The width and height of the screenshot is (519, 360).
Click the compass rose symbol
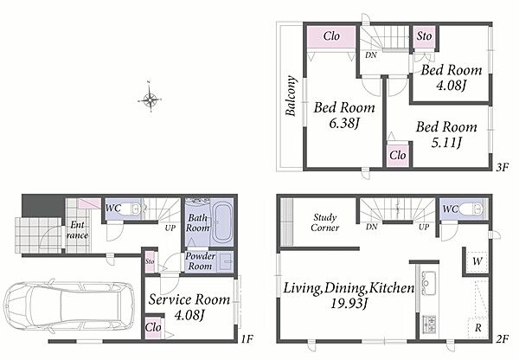point(150,99)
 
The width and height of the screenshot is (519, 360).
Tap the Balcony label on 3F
point(291,96)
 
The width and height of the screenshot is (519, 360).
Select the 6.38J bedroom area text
point(344,124)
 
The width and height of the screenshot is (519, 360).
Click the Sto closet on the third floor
point(425,36)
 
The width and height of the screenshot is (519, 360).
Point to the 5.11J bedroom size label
point(446,143)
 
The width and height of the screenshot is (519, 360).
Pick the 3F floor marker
point(501,168)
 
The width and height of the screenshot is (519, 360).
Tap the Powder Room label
point(200,261)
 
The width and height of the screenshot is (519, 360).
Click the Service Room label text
point(189,299)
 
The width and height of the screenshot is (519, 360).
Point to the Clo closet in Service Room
point(153,328)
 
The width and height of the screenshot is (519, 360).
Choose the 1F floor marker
point(247,339)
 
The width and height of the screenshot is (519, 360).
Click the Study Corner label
point(324,222)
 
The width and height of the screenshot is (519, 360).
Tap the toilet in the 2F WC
point(472,209)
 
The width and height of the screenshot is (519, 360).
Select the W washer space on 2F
point(477,261)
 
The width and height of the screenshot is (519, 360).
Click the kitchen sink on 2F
point(429,284)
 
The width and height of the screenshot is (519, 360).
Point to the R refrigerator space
point(478,328)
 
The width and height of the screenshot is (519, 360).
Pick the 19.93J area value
point(349,304)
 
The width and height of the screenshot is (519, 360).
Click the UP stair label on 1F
point(170,228)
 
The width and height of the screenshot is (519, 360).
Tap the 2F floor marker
point(502,339)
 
